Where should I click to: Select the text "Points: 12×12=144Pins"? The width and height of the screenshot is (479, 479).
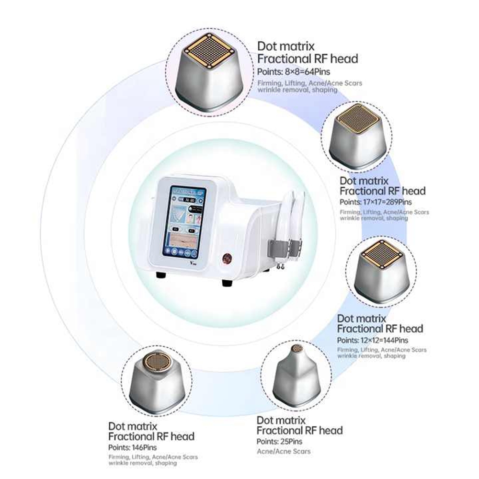tap(373, 340)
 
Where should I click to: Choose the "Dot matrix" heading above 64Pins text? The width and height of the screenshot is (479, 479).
tap(286, 46)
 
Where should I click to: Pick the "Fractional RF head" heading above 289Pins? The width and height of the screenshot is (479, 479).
tap(382, 191)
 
